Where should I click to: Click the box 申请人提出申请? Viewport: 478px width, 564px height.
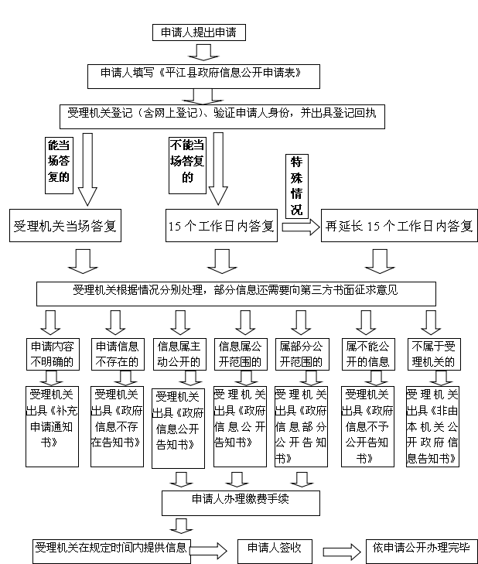coord(203,33)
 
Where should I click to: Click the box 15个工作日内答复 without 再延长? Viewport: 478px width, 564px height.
coord(221,227)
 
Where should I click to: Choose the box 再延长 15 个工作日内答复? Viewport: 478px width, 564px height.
coord(398,227)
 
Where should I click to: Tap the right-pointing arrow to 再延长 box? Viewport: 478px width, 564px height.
coord(300,227)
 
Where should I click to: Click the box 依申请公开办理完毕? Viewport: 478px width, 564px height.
coord(421,549)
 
